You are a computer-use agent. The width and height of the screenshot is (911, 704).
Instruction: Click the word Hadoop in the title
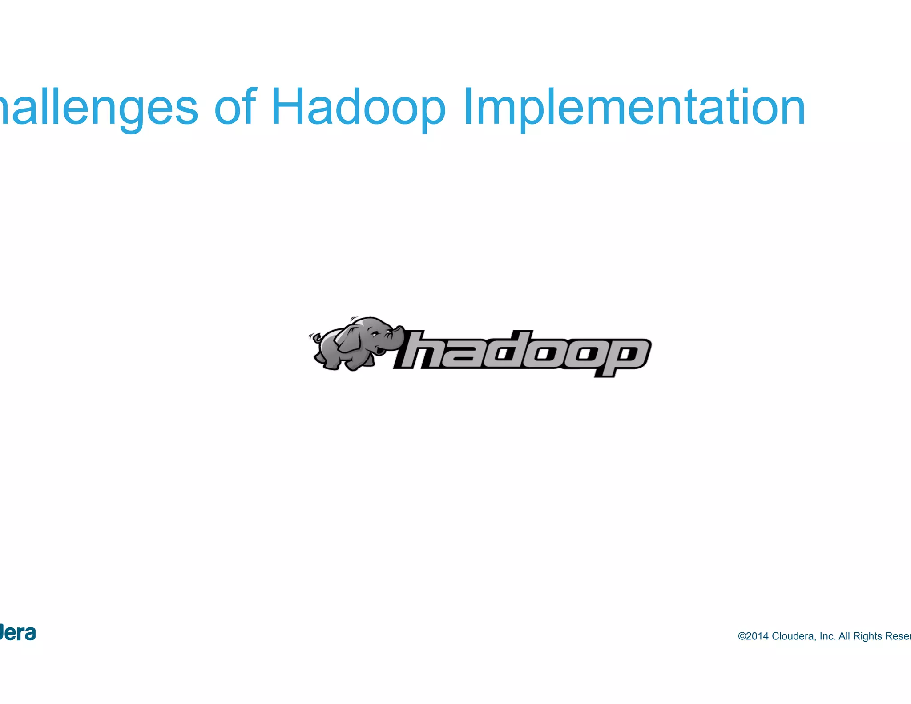[x=358, y=107]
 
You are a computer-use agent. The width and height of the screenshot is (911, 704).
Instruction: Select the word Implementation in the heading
[x=634, y=107]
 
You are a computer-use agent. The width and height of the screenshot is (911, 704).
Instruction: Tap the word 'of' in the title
[x=235, y=107]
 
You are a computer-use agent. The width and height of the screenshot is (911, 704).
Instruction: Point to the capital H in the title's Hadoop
[x=289, y=107]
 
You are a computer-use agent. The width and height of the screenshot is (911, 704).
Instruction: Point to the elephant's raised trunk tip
[x=400, y=329]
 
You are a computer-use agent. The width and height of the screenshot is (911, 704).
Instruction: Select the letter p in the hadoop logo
[x=623, y=356]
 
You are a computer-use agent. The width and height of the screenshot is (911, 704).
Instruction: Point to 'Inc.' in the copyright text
[x=827, y=636]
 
